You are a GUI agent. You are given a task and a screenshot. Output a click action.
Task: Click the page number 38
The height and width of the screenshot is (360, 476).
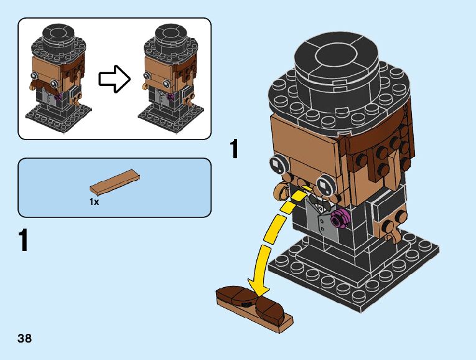pyautogui.click(x=25, y=338)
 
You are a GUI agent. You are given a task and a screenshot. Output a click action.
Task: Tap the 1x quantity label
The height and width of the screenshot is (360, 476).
pyautogui.click(x=94, y=202)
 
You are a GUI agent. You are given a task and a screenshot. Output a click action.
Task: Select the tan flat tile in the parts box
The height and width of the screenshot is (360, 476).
pyautogui.click(x=114, y=182)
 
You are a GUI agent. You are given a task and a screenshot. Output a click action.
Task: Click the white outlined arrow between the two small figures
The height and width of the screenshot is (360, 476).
pyautogui.click(x=114, y=79)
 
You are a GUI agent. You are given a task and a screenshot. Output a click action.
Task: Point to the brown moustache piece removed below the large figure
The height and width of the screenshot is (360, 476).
pyautogui.click(x=250, y=304)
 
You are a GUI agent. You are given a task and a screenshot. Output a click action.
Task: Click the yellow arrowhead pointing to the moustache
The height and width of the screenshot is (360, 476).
pyautogui.click(x=259, y=287)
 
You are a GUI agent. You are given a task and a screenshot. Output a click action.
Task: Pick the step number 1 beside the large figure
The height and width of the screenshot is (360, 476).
pyautogui.click(x=234, y=149)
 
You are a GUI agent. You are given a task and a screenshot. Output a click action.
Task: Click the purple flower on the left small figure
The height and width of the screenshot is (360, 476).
pyautogui.click(x=59, y=97)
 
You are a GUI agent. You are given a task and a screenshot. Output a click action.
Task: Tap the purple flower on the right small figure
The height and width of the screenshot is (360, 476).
pyautogui.click(x=171, y=97)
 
